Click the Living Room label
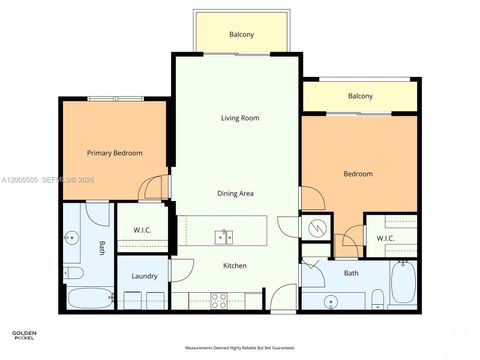tap(240, 118)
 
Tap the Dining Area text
tap(239, 193)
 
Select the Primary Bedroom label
tap(114, 153)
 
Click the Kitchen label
tap(234, 265)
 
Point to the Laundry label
tap(144, 275)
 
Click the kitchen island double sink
tap(223, 237)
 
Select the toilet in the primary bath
tap(74, 273)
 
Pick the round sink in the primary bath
tap(71, 238)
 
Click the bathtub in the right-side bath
tap(404, 284)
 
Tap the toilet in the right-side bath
tap(376, 298)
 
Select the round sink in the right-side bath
tap(331, 300)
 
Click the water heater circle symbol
tap(317, 228)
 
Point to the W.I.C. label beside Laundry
tap(142, 231)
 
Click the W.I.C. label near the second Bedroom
tap(385, 238)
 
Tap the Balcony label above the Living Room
tap(241, 35)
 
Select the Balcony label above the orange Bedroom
tap(360, 96)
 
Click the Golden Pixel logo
tap(24, 335)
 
